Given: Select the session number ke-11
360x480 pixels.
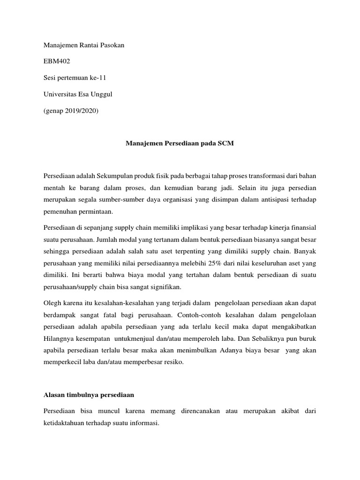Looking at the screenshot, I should [x=102, y=77].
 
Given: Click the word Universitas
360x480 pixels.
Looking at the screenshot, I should [x=61, y=94].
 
